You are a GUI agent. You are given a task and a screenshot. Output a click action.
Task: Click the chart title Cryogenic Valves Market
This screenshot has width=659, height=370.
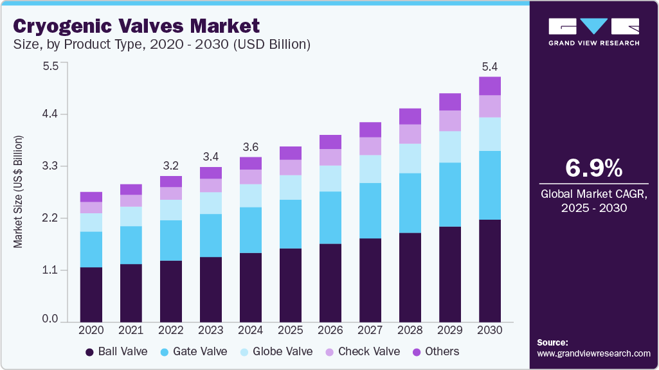[137, 26]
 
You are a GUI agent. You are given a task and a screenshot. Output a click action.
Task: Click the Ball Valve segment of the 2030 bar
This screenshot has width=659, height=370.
[490, 270]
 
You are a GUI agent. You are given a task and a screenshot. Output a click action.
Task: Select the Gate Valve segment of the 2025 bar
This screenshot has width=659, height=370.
[291, 224]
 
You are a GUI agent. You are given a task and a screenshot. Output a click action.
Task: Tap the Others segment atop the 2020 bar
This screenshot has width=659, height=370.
[91, 197]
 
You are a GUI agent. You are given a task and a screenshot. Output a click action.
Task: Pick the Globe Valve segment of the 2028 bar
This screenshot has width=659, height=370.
[410, 158]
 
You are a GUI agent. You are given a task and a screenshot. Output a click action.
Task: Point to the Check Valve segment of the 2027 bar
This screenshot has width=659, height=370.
[370, 146]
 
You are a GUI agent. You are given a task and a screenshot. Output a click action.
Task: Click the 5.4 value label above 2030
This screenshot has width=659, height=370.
[490, 66]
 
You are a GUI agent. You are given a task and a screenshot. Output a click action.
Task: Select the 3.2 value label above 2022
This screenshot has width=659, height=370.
[171, 165]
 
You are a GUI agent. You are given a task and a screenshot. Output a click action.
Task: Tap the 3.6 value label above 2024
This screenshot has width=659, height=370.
[251, 146]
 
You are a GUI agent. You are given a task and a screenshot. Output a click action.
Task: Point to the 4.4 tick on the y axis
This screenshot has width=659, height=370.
[50, 114]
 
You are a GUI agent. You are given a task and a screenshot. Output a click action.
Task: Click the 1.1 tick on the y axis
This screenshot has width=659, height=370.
[50, 270]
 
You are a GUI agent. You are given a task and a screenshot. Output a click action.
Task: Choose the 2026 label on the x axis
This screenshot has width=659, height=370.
[330, 330]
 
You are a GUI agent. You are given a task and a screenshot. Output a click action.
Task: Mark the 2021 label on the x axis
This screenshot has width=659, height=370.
[131, 330]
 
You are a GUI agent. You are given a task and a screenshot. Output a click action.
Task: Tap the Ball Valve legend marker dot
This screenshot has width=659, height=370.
[89, 352]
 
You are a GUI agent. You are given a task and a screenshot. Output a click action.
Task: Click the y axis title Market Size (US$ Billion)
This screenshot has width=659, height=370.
[19, 192]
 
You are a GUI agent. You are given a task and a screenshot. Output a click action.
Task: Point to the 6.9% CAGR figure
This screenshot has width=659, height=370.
[593, 168]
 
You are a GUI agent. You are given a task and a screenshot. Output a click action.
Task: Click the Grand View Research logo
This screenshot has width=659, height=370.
[593, 31]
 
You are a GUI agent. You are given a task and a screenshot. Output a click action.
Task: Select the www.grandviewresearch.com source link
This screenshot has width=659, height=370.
[593, 353]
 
